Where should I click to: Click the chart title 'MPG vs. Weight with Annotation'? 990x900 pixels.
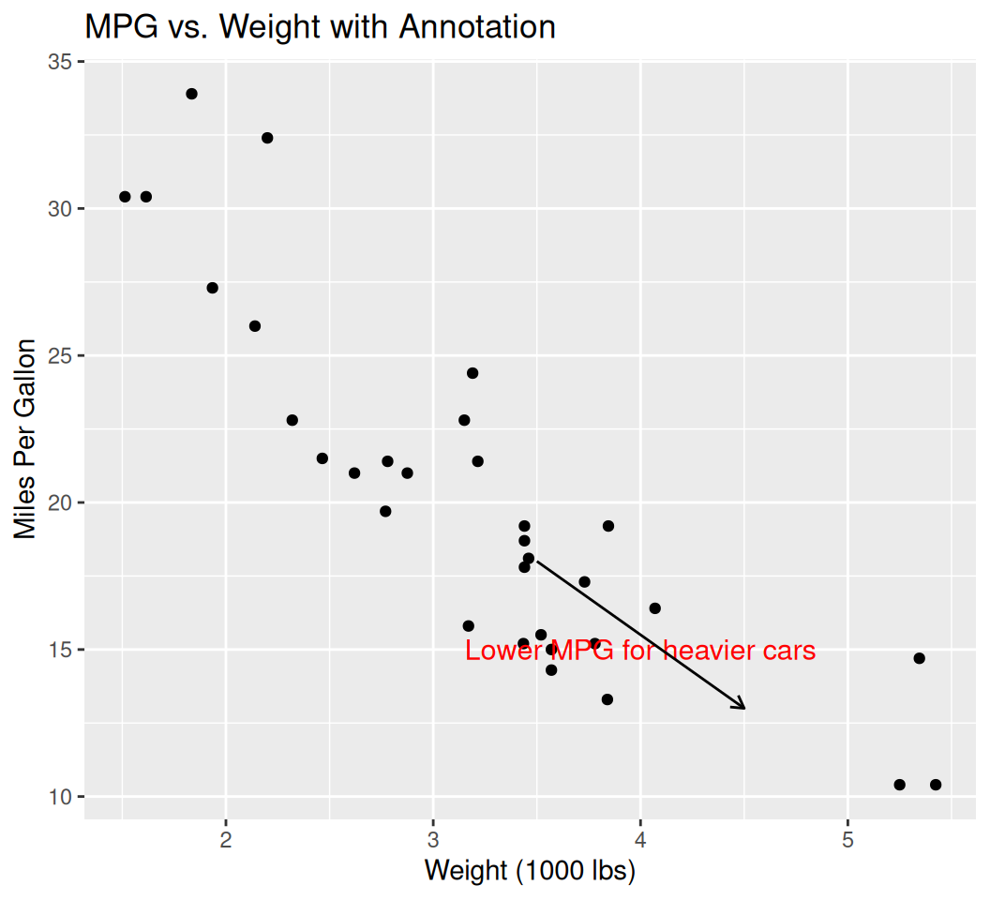(320, 26)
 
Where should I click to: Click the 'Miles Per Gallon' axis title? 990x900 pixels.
(26, 440)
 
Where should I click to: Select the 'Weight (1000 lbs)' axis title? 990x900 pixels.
(530, 871)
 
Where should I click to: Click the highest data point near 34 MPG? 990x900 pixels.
(191, 94)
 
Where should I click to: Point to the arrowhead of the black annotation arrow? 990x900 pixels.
(743, 708)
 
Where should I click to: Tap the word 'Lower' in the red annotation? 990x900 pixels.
(502, 651)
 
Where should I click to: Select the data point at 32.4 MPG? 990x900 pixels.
(267, 138)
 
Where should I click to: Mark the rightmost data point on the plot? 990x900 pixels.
(936, 785)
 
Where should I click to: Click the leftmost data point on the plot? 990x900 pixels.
(125, 197)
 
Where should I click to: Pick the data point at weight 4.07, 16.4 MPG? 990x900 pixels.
(654, 608)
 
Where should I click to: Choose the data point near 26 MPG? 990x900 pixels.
(255, 326)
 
